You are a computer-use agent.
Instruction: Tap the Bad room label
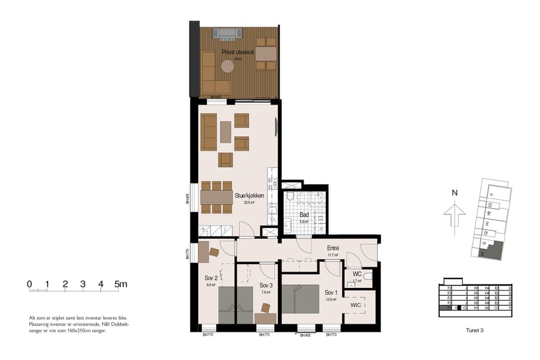pos(304,214)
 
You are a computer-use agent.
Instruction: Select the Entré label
pos(333,248)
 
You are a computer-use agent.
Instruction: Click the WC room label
pos(357,274)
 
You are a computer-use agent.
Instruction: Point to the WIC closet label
pos(357,304)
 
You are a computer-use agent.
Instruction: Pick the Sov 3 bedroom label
pos(266,285)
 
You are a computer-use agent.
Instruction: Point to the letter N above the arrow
pos(455,193)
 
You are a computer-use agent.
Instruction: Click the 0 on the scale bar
pos(29,284)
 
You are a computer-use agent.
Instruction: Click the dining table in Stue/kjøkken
pos(217,197)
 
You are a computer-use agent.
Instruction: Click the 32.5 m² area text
pos(249,203)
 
